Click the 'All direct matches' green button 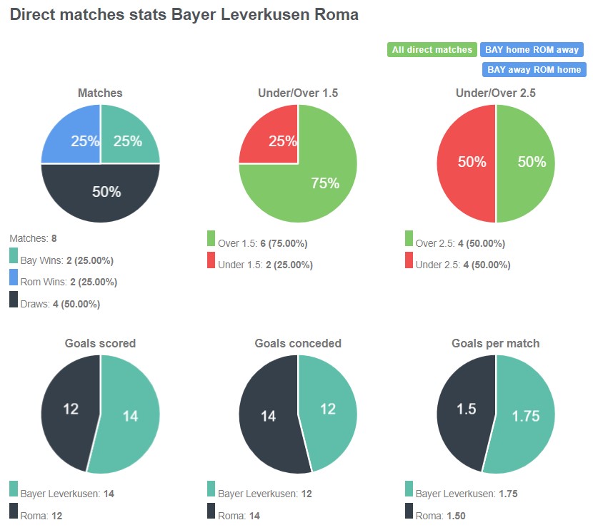click(432, 50)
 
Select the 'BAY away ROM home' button click(534, 70)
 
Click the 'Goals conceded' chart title click(298, 343)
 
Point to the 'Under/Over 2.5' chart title click(495, 93)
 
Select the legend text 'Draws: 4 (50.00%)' click(60, 304)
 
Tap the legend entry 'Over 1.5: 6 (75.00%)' click(262, 243)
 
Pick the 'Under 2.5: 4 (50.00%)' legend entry click(462, 265)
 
